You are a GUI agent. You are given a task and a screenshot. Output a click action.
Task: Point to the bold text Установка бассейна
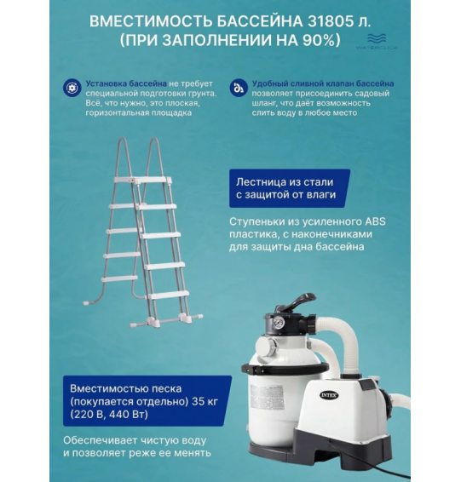[x=124, y=83]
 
